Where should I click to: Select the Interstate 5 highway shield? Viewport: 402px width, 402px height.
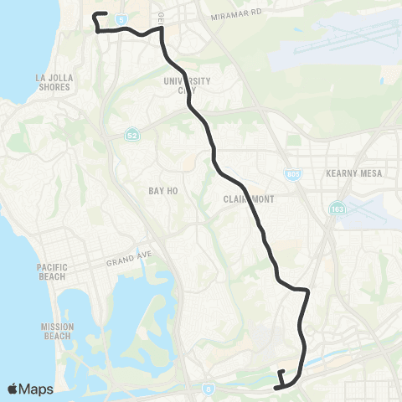pos(121,17)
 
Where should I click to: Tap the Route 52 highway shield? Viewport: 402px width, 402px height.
pos(132,134)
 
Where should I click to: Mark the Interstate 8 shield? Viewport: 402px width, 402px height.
pos(209,389)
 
